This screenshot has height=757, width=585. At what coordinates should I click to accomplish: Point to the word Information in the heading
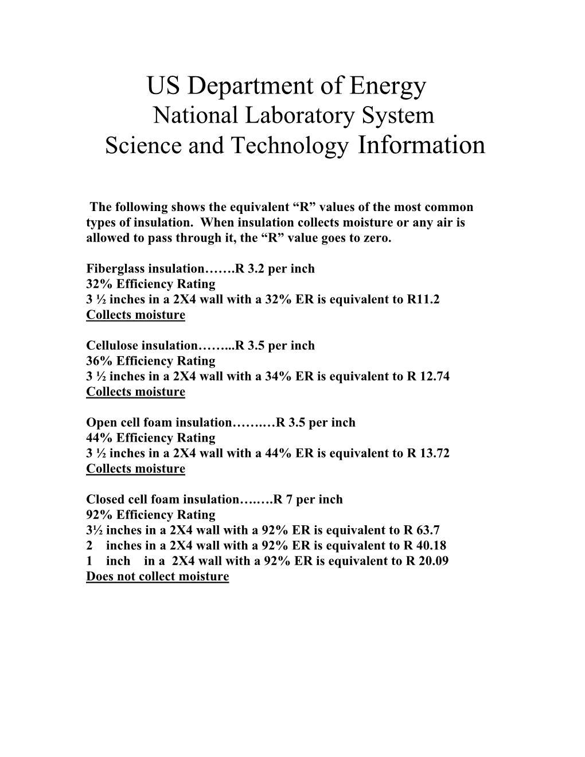coord(420,145)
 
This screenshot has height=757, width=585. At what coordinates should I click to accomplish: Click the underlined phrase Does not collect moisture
coord(157,576)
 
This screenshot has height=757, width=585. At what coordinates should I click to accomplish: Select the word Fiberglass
coord(115,268)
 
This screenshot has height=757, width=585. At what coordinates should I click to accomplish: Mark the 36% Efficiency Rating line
coord(150,361)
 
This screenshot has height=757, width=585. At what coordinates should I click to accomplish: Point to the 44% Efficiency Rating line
coord(150,438)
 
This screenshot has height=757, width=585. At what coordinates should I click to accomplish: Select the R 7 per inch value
coord(308,499)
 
